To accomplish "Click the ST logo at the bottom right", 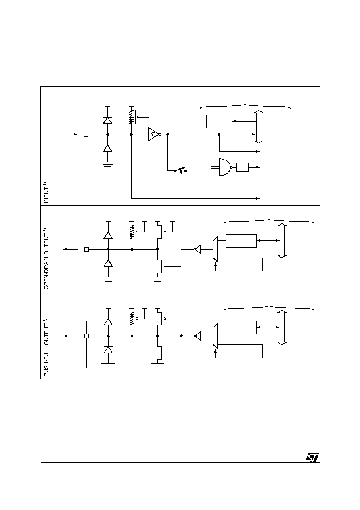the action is point(312,457).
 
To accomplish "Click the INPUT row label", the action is point(46,192).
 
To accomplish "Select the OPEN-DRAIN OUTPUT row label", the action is point(46,258).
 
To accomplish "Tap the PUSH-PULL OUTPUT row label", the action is point(46,347).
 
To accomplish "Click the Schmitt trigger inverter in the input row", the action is point(155,134).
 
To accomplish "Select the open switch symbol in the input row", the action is point(180,170).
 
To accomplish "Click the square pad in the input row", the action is point(86,134).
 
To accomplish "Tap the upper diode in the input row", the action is point(108,120).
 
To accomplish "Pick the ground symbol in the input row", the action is point(108,164).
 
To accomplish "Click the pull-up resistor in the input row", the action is point(131,118).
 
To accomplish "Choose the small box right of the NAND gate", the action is point(242,167).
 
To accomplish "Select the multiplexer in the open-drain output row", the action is point(215,249).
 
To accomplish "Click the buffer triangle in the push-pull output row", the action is point(197,336).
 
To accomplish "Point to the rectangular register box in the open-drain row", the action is point(241,240).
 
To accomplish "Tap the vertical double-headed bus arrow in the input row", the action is point(259,126).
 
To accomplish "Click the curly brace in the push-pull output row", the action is point(269,308).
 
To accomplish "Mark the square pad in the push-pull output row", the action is point(87,336).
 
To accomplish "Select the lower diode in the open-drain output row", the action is point(108,263).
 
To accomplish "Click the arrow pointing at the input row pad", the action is point(70,134).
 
